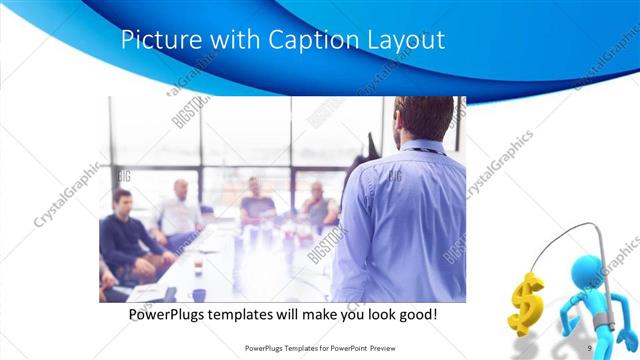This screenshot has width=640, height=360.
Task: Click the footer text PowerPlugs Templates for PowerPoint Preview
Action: (x=318, y=348)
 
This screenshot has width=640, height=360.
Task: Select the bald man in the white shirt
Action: (x=180, y=211)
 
